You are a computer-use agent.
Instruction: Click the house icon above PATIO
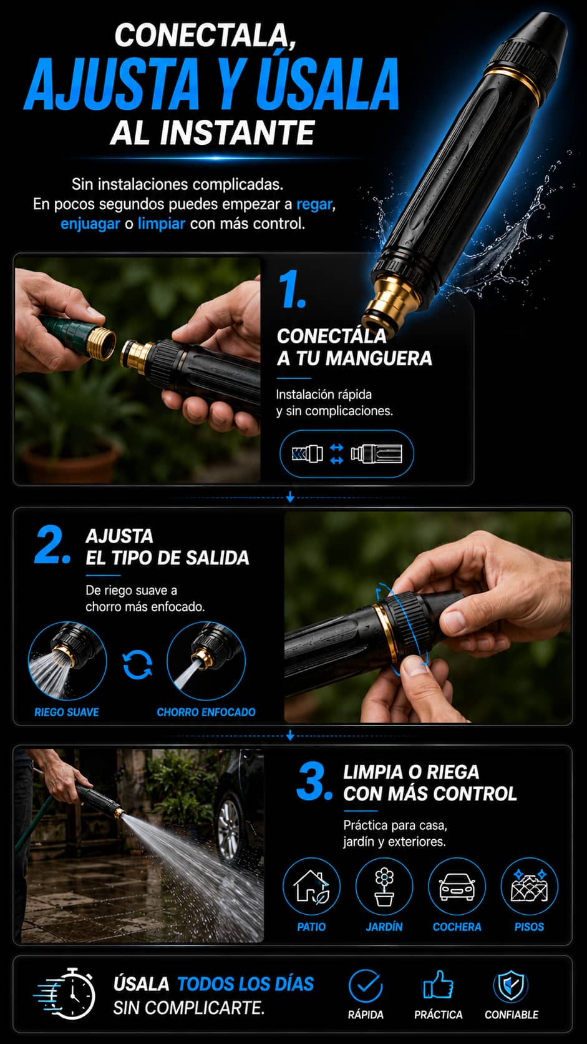(311, 887)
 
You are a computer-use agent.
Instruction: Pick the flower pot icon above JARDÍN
(384, 886)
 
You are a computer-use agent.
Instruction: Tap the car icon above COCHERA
(457, 887)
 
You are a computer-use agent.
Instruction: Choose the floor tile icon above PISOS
(529, 885)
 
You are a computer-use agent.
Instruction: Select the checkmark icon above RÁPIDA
(366, 986)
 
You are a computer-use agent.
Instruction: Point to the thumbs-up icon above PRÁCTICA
(438, 985)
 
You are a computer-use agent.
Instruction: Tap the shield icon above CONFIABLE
(511, 986)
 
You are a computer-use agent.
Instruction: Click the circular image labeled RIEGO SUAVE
(67, 661)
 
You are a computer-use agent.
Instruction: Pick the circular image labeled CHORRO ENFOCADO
(206, 661)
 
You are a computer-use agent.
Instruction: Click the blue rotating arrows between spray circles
(137, 664)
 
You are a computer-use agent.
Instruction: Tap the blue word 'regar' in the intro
(314, 204)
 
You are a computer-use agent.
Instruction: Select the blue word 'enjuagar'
(90, 224)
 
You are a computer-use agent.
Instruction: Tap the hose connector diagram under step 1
(346, 453)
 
